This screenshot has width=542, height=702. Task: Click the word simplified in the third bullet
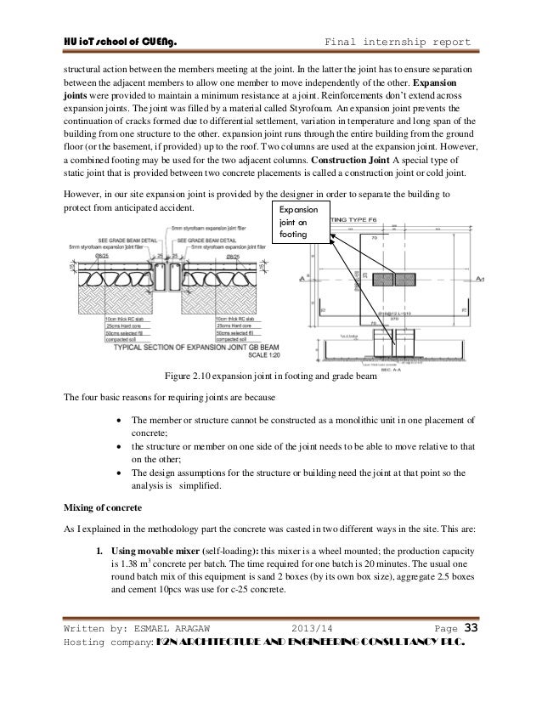click(x=200, y=487)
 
